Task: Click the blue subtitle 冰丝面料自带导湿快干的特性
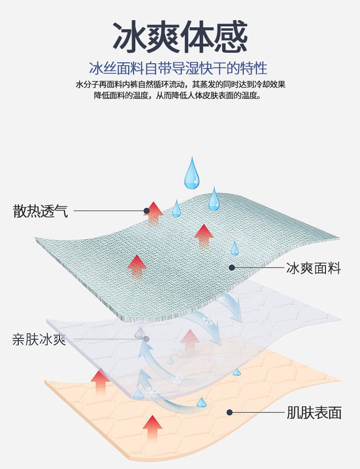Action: [178, 68]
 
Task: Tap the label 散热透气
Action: [40, 211]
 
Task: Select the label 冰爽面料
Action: [313, 268]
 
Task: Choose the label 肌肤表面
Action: [314, 412]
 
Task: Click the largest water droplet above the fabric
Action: [193, 174]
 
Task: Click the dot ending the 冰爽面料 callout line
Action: [232, 268]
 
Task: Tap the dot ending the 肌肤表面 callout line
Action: [230, 412]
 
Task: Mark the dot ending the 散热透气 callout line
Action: [146, 211]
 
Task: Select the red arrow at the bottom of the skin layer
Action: [153, 428]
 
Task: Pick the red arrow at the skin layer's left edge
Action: [100, 382]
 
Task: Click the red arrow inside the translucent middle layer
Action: [190, 341]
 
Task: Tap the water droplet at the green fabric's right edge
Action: [234, 248]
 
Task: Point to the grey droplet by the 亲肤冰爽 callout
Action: [140, 332]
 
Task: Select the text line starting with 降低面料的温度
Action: [178, 95]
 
